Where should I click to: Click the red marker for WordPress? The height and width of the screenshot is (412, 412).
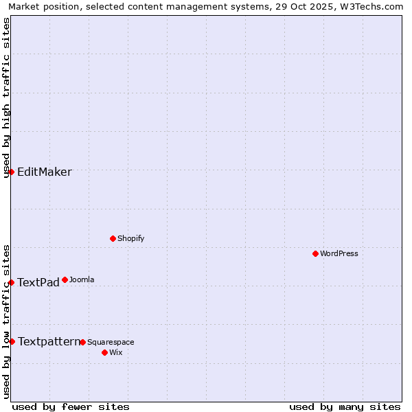(315, 253)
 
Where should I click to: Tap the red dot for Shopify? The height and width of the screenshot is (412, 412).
(113, 238)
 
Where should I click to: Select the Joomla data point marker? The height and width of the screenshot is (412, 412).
(65, 279)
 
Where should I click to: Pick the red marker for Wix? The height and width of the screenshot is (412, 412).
(104, 352)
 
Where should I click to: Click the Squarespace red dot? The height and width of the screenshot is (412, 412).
(82, 342)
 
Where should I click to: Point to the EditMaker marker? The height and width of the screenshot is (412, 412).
(12, 172)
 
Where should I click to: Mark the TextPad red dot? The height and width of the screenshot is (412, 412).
(12, 282)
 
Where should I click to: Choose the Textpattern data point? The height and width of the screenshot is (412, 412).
(12, 341)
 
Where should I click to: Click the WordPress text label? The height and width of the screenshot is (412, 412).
(339, 253)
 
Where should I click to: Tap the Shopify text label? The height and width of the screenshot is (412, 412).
(130, 238)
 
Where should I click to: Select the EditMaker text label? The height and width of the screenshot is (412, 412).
(45, 172)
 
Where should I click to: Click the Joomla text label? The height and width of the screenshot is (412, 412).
(82, 279)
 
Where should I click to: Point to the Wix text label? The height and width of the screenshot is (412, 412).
(115, 352)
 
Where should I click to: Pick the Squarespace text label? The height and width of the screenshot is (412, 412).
(111, 342)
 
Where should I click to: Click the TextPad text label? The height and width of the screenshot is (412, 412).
(38, 282)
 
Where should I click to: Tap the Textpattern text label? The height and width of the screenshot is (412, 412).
(49, 341)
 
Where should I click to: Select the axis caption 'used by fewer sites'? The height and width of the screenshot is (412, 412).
(71, 407)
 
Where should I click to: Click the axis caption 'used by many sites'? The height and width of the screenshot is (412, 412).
(345, 407)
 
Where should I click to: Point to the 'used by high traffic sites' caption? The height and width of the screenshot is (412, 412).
(7, 98)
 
